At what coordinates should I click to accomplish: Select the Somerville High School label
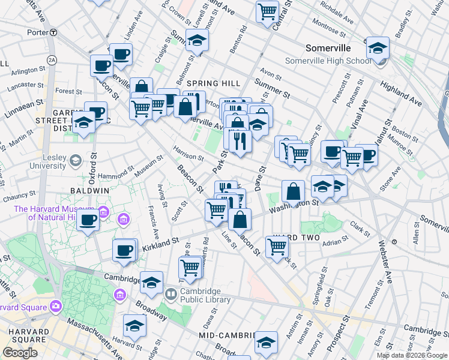(x=327, y=61)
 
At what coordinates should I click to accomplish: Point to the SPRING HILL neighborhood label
(x=213, y=83)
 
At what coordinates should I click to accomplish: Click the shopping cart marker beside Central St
(x=267, y=10)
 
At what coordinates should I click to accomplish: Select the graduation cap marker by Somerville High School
(x=378, y=47)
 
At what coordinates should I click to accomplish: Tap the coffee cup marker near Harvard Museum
(x=88, y=220)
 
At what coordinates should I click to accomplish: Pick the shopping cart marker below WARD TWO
(x=277, y=245)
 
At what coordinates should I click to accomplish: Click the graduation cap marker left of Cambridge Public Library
(x=151, y=281)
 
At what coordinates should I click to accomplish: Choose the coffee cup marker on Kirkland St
(x=124, y=250)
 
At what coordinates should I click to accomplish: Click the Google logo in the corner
(x=20, y=353)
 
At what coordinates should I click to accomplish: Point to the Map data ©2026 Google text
(x=411, y=355)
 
